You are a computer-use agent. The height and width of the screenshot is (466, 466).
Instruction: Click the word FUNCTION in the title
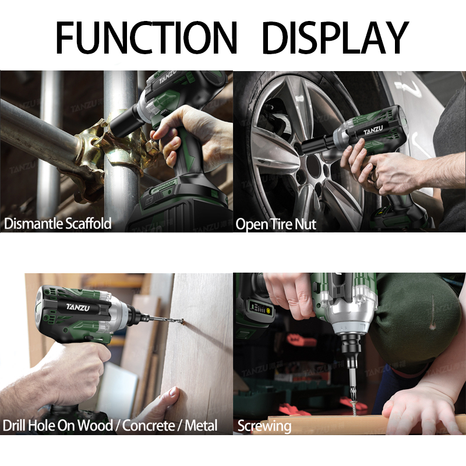point(147,37)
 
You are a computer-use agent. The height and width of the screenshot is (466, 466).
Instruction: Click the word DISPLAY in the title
point(336,37)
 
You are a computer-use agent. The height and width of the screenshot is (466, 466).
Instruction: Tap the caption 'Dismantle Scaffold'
point(58,223)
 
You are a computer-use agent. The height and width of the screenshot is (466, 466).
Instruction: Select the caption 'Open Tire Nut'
point(276,224)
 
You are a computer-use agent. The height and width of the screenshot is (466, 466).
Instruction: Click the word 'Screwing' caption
point(264,426)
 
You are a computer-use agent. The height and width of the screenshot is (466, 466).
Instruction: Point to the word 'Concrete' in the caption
point(149,425)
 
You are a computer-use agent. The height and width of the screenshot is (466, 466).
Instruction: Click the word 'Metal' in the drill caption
point(201,425)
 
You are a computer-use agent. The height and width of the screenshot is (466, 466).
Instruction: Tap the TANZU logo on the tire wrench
point(373,130)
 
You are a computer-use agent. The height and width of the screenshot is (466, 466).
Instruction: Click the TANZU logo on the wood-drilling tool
point(77,308)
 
